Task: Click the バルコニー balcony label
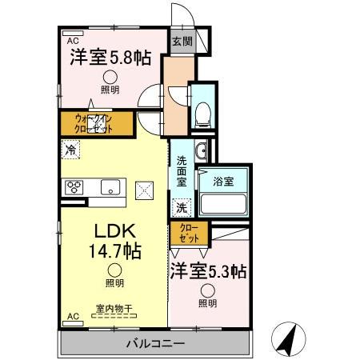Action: point(155,344)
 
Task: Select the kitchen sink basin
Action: point(109,188)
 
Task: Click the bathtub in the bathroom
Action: point(224,202)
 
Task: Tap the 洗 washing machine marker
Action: point(181,206)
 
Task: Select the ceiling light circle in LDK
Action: point(116,270)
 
